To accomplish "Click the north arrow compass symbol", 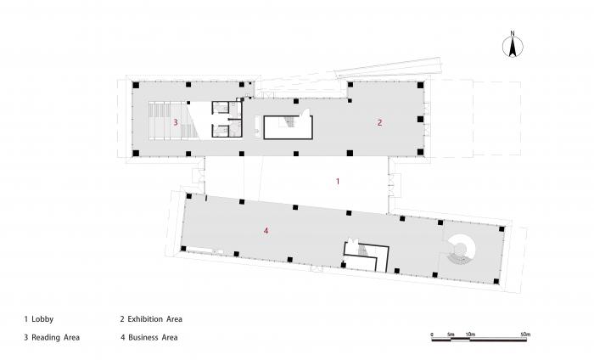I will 513,48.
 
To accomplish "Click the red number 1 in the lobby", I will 338,182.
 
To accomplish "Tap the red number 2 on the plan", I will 380,123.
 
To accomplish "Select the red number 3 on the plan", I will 176,123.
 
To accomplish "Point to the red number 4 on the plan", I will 266,230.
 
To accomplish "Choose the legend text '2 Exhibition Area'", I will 151,319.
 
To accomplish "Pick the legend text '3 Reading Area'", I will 52,337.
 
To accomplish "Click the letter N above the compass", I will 513,35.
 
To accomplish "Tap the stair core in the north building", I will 289,127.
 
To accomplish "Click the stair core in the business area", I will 365,255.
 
